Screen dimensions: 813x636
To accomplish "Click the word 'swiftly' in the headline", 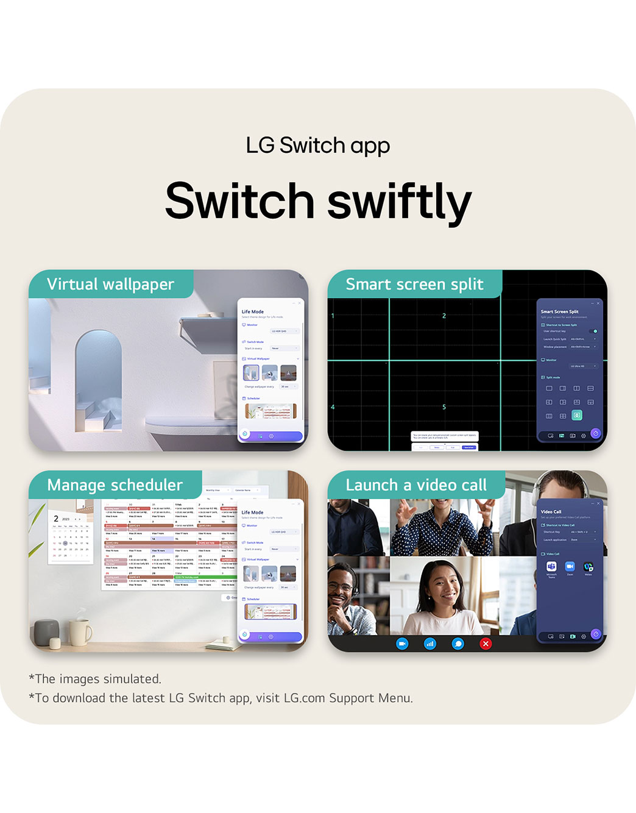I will (x=400, y=202).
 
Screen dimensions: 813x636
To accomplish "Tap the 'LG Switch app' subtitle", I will (x=317, y=146).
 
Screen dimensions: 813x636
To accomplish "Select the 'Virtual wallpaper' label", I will (x=110, y=284).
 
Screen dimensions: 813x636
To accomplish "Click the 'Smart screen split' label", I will (x=414, y=284).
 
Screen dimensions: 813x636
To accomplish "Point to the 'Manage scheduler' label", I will (x=115, y=485).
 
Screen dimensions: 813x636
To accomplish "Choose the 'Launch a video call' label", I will (x=416, y=485).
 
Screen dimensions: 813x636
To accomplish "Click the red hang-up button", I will (x=486, y=644).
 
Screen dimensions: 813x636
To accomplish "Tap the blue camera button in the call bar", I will (x=402, y=644).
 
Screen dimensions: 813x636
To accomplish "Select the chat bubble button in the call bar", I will (x=458, y=644).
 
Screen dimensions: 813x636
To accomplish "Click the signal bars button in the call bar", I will (x=430, y=644).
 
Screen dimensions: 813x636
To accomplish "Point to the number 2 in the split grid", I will (x=444, y=316).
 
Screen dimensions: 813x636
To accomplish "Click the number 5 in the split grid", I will (x=444, y=407).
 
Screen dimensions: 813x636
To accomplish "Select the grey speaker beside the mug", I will (x=46, y=633).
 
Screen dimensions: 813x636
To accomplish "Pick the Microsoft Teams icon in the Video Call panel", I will (x=551, y=567).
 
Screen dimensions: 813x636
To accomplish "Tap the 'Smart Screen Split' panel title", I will (x=559, y=311).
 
